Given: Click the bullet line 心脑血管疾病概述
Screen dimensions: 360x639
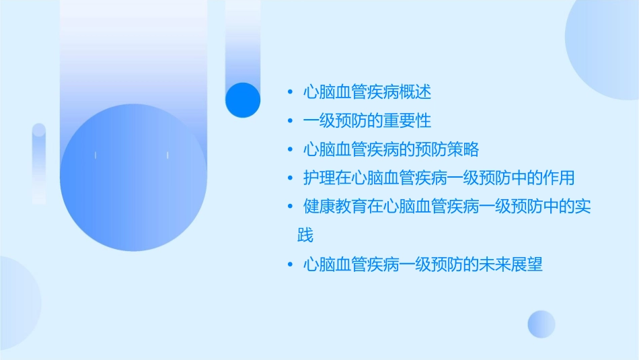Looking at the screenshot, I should tap(367, 92).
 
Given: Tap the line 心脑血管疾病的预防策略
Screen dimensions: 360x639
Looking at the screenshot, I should tap(391, 149).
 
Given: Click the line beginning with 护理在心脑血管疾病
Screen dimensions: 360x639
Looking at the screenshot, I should tap(439, 178).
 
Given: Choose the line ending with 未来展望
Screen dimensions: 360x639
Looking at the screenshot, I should tap(423, 264).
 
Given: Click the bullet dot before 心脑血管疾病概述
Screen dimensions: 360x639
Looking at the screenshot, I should tap(290, 92).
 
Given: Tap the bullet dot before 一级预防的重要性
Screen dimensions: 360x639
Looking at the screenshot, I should tap(290, 121).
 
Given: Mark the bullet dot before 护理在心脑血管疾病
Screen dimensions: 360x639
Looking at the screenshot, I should tap(290, 179).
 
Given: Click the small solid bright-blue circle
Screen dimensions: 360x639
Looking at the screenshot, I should tap(243, 100).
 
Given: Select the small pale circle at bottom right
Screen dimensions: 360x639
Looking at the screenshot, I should tap(541, 324).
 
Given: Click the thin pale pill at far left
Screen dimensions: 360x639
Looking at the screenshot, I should tap(39, 164).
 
